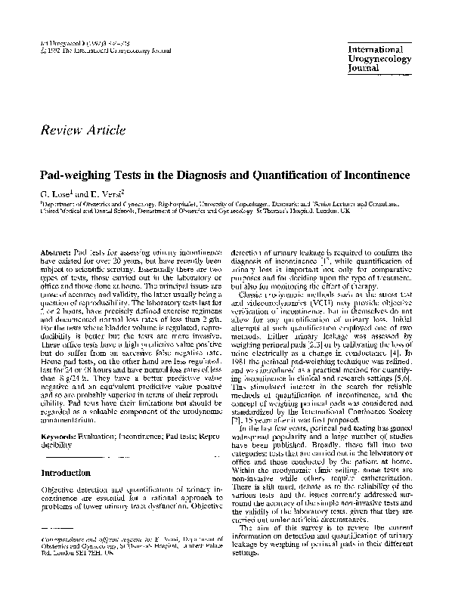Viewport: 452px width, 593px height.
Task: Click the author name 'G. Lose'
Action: click(x=55, y=193)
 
